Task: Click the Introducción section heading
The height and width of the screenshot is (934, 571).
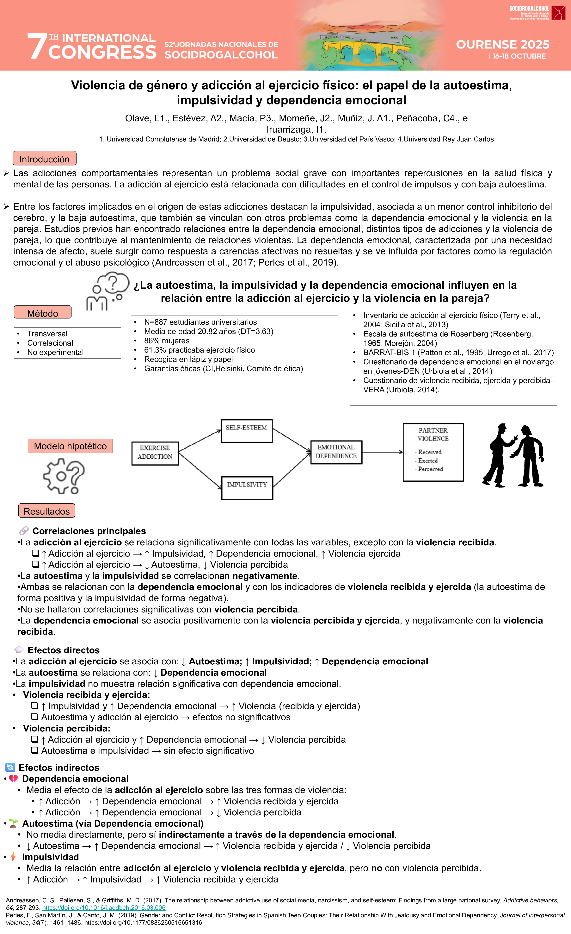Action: (x=44, y=159)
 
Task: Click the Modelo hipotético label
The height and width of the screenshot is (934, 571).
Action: (x=70, y=446)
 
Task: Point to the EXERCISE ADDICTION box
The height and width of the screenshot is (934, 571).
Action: (x=155, y=453)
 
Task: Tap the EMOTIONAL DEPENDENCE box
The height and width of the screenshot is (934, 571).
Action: (x=336, y=452)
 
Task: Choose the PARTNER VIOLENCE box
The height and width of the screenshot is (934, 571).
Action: (x=433, y=452)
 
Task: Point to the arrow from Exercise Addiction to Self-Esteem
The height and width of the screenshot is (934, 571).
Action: (x=200, y=441)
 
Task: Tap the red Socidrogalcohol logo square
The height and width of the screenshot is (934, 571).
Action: (x=558, y=13)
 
